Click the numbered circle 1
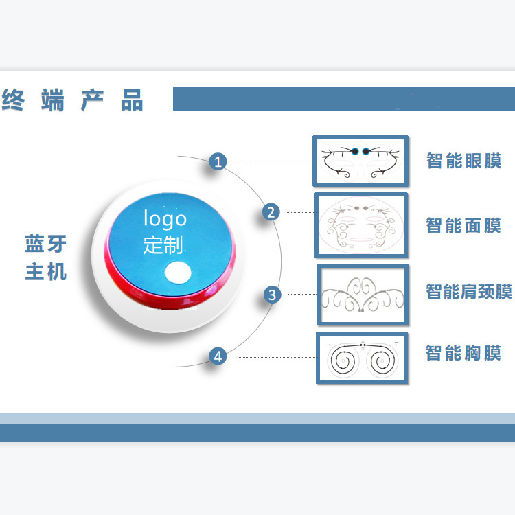tap(218, 163)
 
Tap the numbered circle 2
tap(272, 212)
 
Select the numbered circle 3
tap(273, 295)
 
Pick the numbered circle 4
tap(218, 356)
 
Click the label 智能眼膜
tap(463, 161)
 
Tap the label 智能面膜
tap(463, 225)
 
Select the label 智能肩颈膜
tap(468, 292)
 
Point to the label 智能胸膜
tap(463, 354)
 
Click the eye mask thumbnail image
tap(360, 161)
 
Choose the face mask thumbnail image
tap(361, 225)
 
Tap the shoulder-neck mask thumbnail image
tap(363, 295)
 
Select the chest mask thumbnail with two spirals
tap(361, 358)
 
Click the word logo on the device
tap(165, 219)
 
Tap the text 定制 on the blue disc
tap(163, 244)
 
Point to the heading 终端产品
tap(72, 101)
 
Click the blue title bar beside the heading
tap(343, 99)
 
